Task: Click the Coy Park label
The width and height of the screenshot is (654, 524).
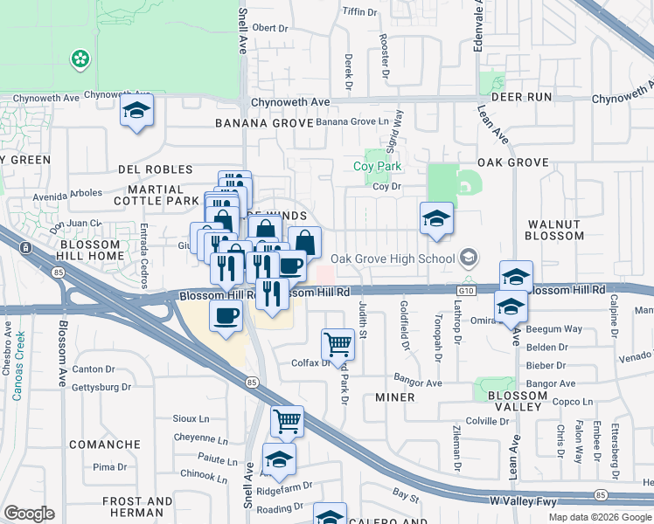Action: [x=377, y=166]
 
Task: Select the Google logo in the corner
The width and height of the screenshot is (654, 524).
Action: [x=28, y=514]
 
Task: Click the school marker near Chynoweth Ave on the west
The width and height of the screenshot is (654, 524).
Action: [x=136, y=111]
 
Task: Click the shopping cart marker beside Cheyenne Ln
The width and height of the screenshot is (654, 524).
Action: [x=287, y=422]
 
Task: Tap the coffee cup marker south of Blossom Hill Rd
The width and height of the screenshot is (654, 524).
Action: [x=227, y=316]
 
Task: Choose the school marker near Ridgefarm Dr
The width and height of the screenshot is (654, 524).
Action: [x=279, y=459]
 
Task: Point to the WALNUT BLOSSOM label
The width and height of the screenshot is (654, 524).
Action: [x=555, y=230]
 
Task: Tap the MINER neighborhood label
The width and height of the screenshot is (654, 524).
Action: [x=394, y=397]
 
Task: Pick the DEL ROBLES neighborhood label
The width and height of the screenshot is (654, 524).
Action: [x=155, y=169]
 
